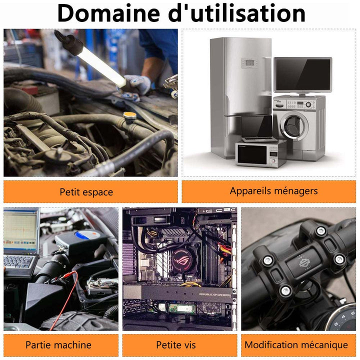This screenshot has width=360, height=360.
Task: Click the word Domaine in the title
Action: (108, 13)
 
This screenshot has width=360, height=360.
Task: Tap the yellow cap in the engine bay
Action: (129, 115)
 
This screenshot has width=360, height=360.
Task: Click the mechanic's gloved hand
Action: (136, 86)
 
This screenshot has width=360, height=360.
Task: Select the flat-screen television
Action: (303, 75)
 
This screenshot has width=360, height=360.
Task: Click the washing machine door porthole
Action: (294, 125)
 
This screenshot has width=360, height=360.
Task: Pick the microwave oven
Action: (260, 154)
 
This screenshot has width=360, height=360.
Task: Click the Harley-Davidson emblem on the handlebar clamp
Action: (304, 262)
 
